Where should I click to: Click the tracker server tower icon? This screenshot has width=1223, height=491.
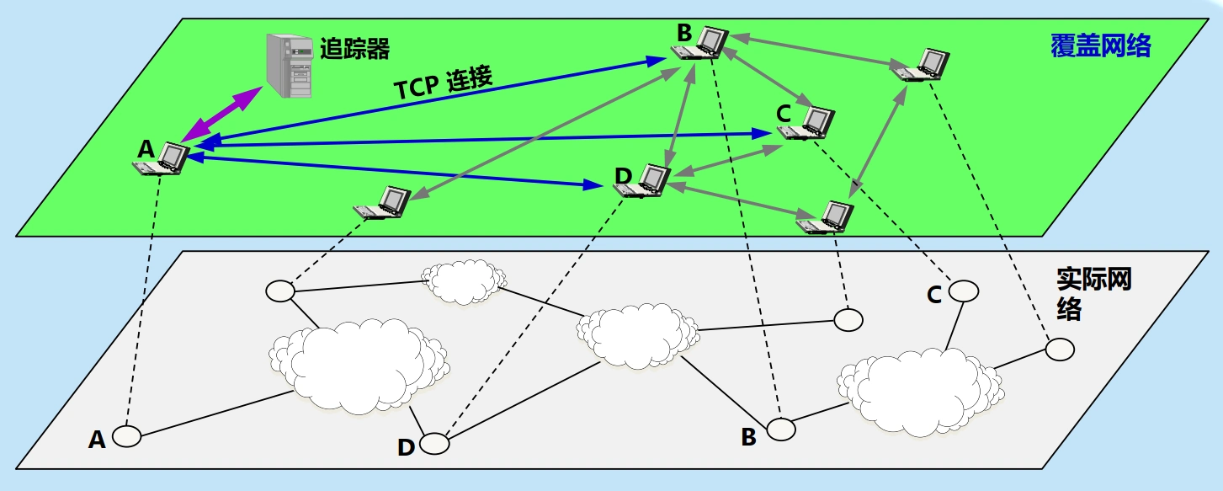point(289,65)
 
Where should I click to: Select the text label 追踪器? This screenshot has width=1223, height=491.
point(354,48)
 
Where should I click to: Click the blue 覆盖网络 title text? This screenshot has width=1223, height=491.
point(1100,45)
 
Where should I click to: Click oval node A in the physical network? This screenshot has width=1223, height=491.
point(127,436)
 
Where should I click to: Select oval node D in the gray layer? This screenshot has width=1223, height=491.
point(433,444)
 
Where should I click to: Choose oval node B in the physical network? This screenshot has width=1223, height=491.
point(780,429)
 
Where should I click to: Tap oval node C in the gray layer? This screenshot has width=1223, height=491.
point(964,291)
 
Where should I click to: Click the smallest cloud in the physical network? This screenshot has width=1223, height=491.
point(464,281)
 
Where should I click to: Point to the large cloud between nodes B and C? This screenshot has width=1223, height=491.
point(918,387)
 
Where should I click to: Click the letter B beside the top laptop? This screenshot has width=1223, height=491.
point(683,33)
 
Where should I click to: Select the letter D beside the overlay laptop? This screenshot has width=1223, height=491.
point(623,175)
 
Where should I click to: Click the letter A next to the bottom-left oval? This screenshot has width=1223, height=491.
point(98,439)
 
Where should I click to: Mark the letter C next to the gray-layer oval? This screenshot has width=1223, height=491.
point(934,295)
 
